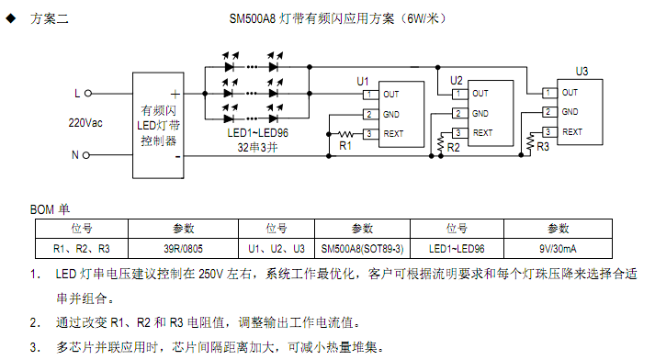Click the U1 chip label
point(363,81)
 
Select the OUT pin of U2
point(480,93)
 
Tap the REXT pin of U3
point(570,131)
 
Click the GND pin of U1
point(390,114)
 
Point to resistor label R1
point(345,145)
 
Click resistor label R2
point(454,147)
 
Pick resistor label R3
point(543,145)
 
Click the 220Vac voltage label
point(85,122)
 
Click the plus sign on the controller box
point(174,94)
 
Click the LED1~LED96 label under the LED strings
point(257,132)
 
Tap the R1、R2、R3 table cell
point(82,247)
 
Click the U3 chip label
point(582,72)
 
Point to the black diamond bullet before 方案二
point(10,18)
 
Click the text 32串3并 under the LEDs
point(258,146)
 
